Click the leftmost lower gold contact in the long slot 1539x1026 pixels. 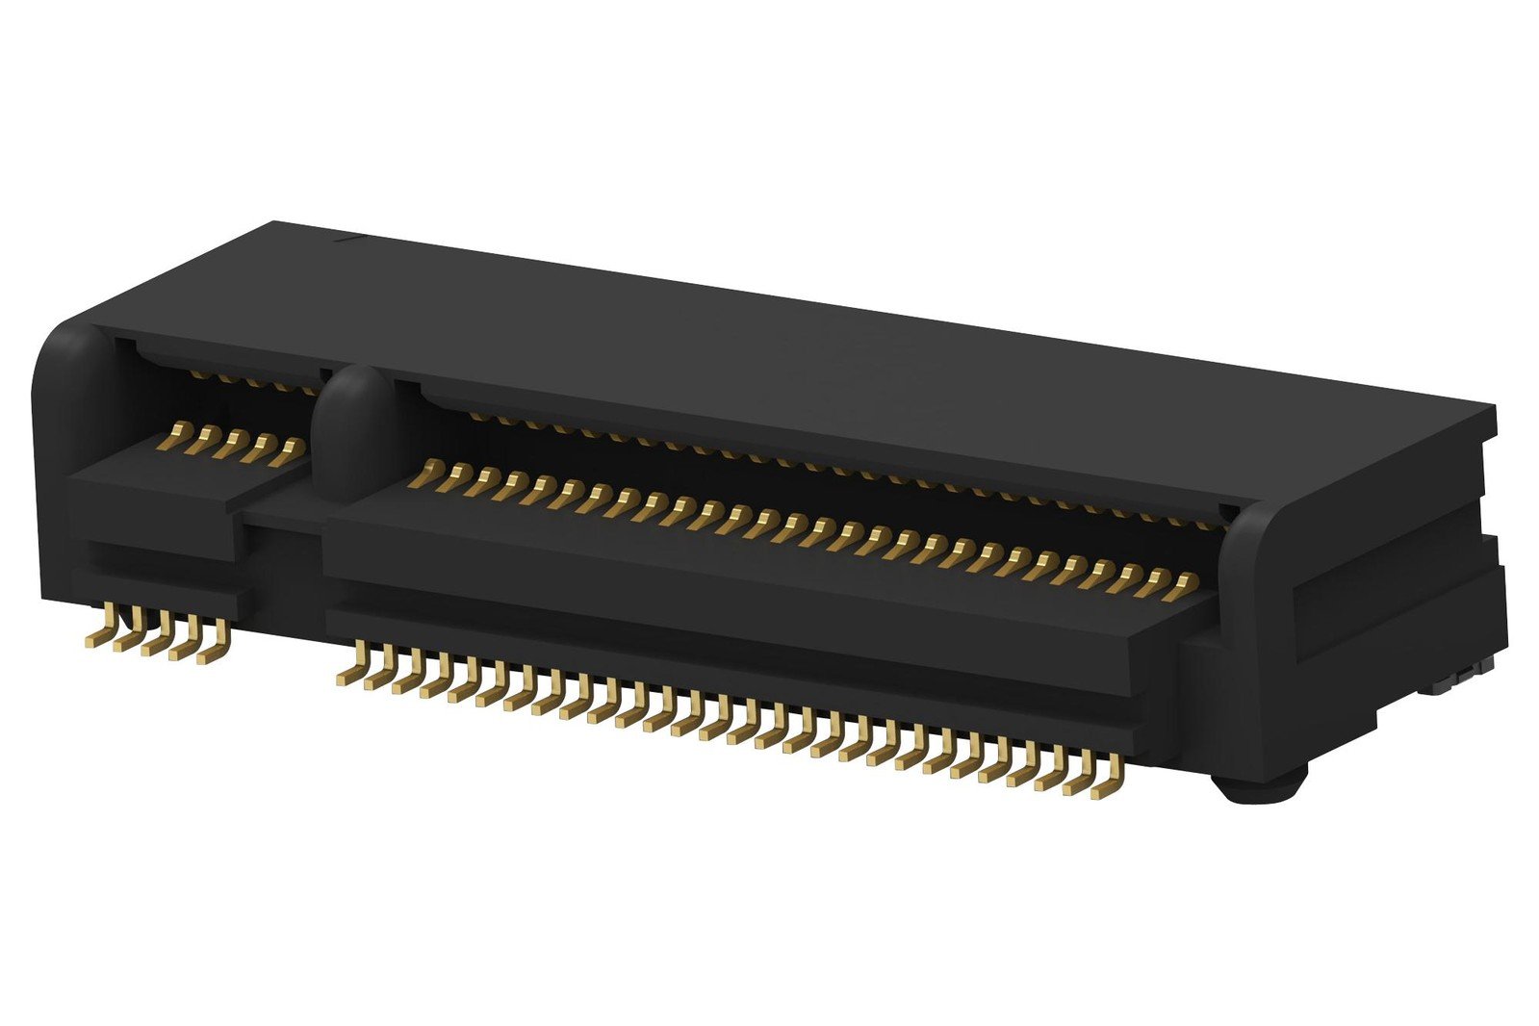423,475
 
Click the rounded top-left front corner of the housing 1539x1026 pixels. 67,346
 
